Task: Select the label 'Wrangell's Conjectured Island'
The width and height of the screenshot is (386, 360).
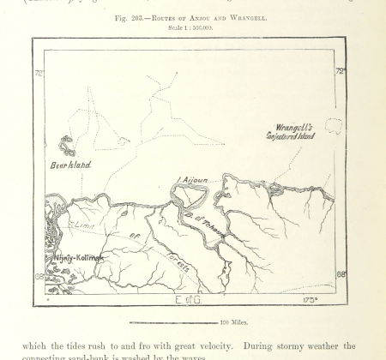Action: click(288, 130)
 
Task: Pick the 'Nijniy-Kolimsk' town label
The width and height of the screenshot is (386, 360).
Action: click(78, 256)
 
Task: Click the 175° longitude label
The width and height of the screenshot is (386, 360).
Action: click(310, 300)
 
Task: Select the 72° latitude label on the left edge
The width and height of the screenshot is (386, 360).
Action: click(39, 73)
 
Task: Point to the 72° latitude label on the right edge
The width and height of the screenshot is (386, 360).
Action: click(341, 71)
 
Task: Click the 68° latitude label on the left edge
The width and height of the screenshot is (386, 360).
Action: click(39, 276)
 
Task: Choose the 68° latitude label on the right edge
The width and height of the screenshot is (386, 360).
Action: click(341, 274)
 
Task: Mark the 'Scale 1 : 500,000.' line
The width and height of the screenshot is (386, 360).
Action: click(192, 27)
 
